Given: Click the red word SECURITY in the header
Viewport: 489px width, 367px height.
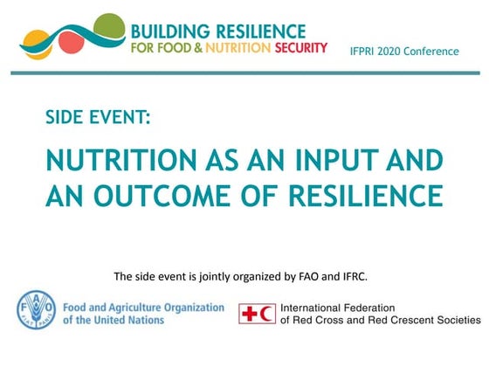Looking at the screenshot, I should [x=300, y=47].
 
